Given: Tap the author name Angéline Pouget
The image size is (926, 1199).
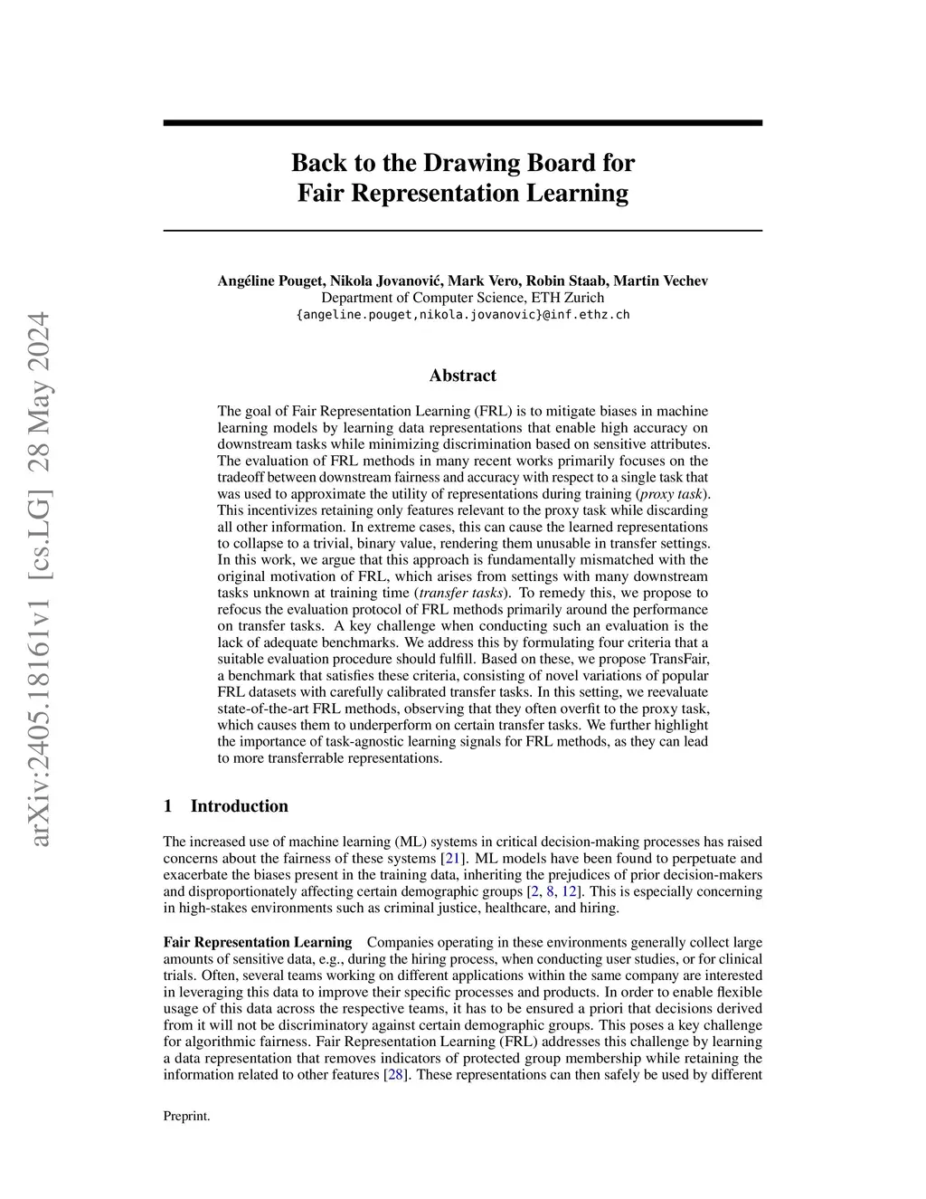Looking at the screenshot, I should click(268, 281).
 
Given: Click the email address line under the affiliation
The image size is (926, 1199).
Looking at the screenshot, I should click(463, 315).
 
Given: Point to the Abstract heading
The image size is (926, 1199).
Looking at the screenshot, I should click(462, 376).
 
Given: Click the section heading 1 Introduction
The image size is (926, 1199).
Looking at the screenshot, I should click(226, 806).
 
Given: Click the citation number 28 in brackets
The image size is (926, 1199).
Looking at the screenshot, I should click(394, 1075).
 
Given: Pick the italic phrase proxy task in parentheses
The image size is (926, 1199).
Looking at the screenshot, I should click(670, 494).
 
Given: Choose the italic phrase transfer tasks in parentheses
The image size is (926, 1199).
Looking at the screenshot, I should click(462, 593).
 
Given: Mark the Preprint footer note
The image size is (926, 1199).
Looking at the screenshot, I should click(186, 1117).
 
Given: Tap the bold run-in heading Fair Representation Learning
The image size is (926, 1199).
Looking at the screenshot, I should click(258, 943).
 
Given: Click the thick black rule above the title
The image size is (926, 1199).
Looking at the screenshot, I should click(462, 122).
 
